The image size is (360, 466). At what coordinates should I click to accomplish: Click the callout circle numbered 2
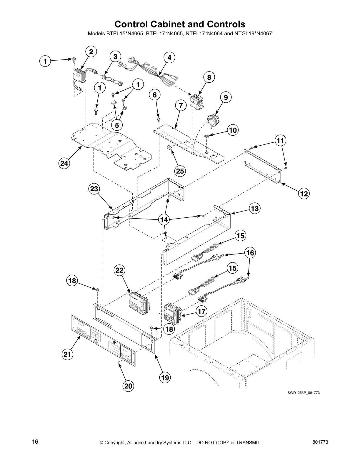[91, 52]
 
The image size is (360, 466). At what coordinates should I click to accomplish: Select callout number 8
[209, 77]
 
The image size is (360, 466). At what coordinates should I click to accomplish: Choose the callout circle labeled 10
[233, 130]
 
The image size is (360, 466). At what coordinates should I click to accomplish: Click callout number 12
[304, 194]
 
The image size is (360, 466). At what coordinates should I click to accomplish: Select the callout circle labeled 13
[255, 209]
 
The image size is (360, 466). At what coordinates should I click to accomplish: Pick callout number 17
[202, 311]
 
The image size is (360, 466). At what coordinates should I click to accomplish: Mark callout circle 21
[67, 355]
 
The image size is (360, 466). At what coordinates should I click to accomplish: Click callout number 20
[128, 386]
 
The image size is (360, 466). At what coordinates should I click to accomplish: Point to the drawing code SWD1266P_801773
[303, 393]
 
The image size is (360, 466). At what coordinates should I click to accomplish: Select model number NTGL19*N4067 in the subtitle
[253, 34]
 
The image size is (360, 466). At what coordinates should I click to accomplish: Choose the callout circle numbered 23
[94, 189]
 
